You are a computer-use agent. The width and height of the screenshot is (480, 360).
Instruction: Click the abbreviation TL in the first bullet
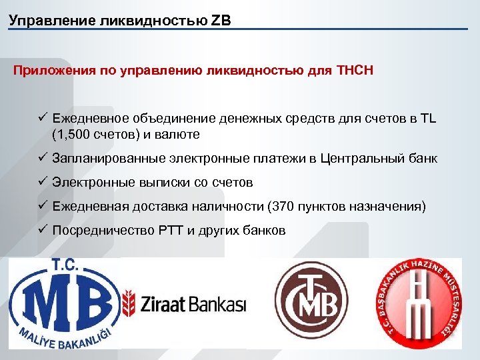[427, 119]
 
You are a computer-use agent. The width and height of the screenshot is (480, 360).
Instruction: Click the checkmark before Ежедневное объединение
[41, 119]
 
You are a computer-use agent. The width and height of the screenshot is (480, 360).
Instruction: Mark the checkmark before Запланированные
[41, 159]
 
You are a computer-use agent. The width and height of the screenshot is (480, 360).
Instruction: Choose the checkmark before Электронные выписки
[41, 182]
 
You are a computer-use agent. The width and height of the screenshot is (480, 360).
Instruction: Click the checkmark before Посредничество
[41, 230]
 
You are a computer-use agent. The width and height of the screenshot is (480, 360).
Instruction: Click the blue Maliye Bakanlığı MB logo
[63, 303]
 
